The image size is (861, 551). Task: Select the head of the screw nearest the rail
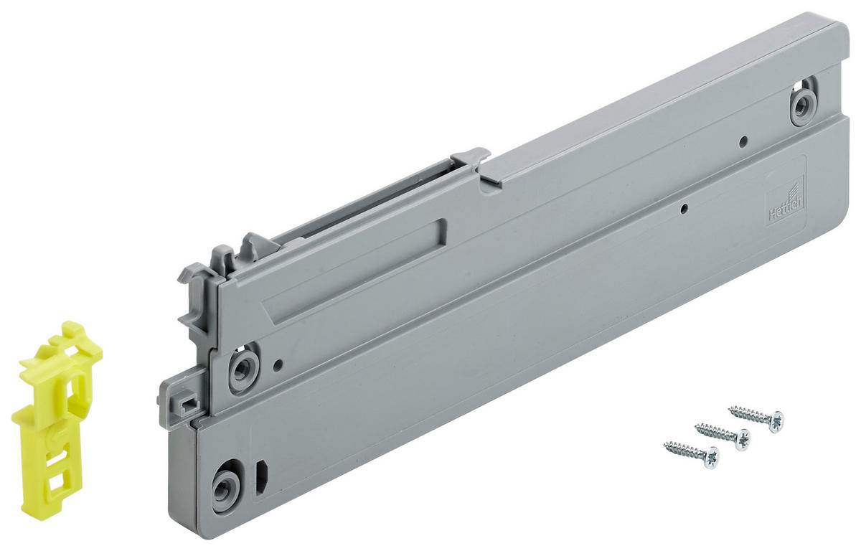tap(775, 420)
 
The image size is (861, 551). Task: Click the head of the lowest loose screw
tap(710, 457)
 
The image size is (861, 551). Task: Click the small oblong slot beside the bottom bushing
tap(261, 476)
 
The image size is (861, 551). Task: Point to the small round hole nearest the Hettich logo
tap(685, 209)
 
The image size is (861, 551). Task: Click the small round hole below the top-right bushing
tap(743, 141)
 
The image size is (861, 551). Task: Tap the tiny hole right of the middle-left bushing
tap(278, 364)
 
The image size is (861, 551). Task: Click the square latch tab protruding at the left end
tap(179, 402)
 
